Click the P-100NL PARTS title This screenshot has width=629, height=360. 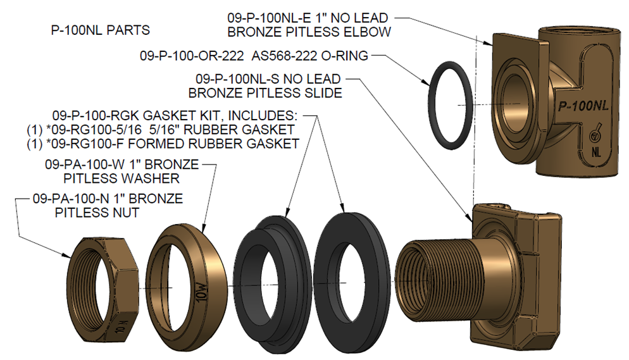coord(100,30)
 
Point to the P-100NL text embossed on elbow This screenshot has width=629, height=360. coord(581,106)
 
